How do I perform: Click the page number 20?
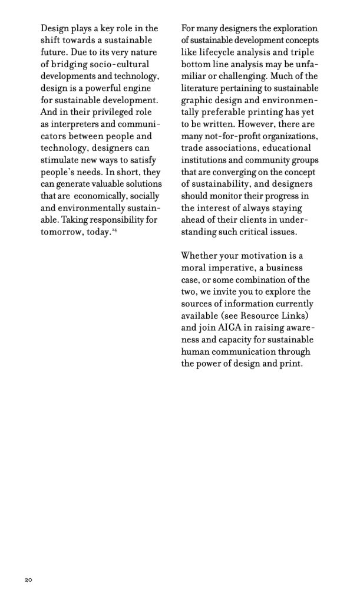click(x=28, y=580)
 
